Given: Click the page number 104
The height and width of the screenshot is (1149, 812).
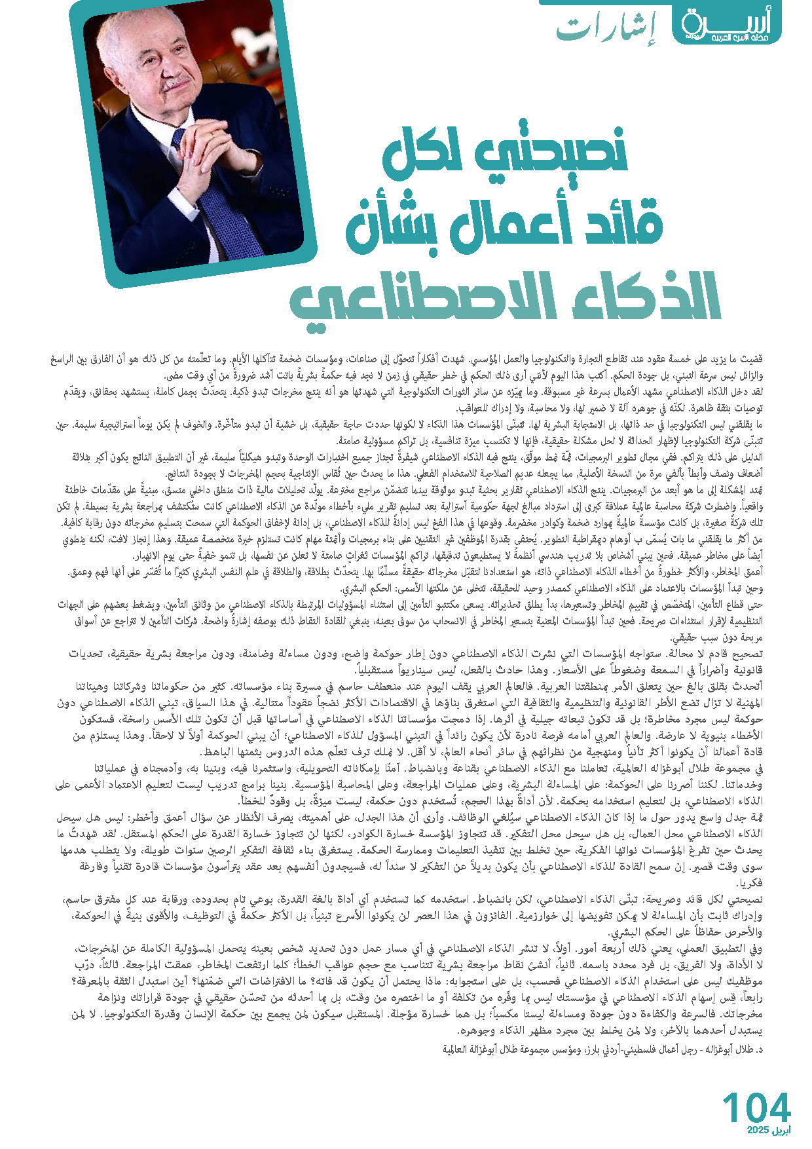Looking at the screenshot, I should (756, 1107).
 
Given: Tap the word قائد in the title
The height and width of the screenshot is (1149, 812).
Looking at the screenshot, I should (619, 223).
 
